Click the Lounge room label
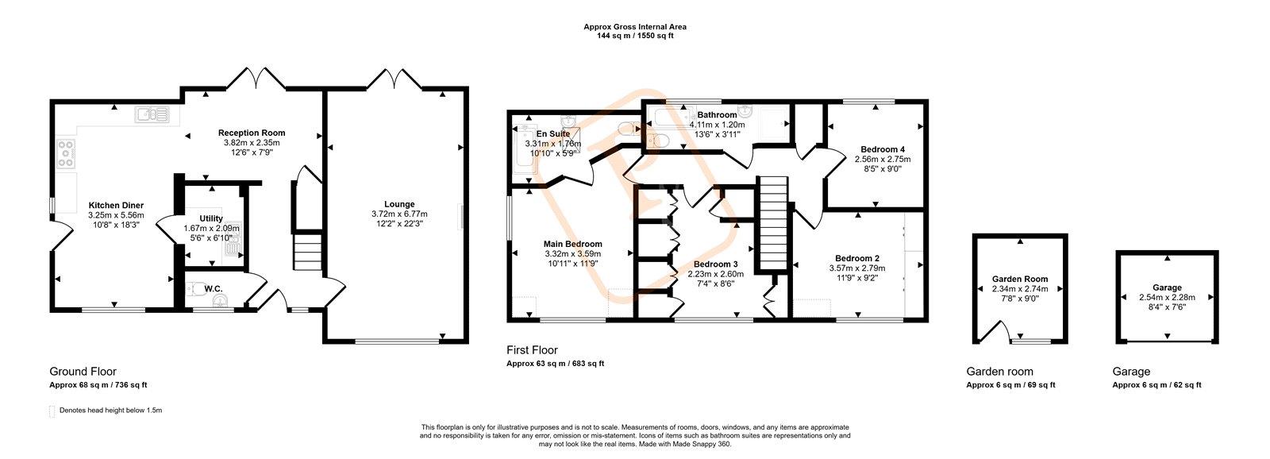(x=399, y=204)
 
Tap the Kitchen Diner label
(x=116, y=206)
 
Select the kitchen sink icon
(x=152, y=115)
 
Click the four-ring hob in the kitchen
(x=67, y=153)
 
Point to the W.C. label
(x=214, y=289)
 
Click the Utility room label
(x=211, y=218)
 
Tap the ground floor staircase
(x=306, y=252)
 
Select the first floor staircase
(x=773, y=222)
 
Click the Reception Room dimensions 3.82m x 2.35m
(x=252, y=143)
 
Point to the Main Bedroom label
(x=572, y=244)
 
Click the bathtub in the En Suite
(x=523, y=149)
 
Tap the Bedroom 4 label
(x=882, y=150)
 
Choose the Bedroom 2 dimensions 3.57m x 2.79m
(x=856, y=268)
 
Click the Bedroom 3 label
(x=715, y=264)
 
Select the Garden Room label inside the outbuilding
(x=1020, y=280)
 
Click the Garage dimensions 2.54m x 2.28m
(x=1167, y=297)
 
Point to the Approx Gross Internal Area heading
(x=635, y=27)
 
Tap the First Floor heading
(x=532, y=351)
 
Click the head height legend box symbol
(x=52, y=411)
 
